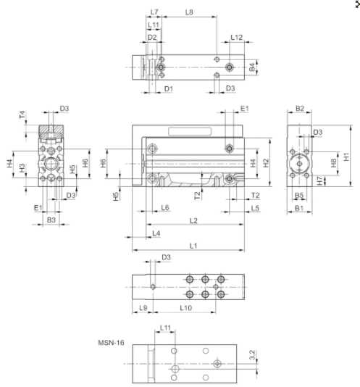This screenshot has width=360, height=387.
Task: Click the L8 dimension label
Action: click(x=189, y=12)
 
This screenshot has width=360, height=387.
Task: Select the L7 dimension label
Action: click(x=154, y=12)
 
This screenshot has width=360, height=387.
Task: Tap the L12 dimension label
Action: click(x=237, y=37)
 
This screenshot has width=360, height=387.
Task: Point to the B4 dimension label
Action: click(x=252, y=67)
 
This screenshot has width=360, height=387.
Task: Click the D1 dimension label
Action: click(x=169, y=88)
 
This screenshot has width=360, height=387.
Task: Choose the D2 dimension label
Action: click(x=152, y=37)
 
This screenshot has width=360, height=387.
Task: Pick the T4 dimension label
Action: click(x=22, y=115)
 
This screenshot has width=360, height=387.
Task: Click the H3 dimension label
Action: click(x=22, y=168)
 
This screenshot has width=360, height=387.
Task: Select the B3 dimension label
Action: click(x=51, y=220)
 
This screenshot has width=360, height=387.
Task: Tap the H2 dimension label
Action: click(x=266, y=163)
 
